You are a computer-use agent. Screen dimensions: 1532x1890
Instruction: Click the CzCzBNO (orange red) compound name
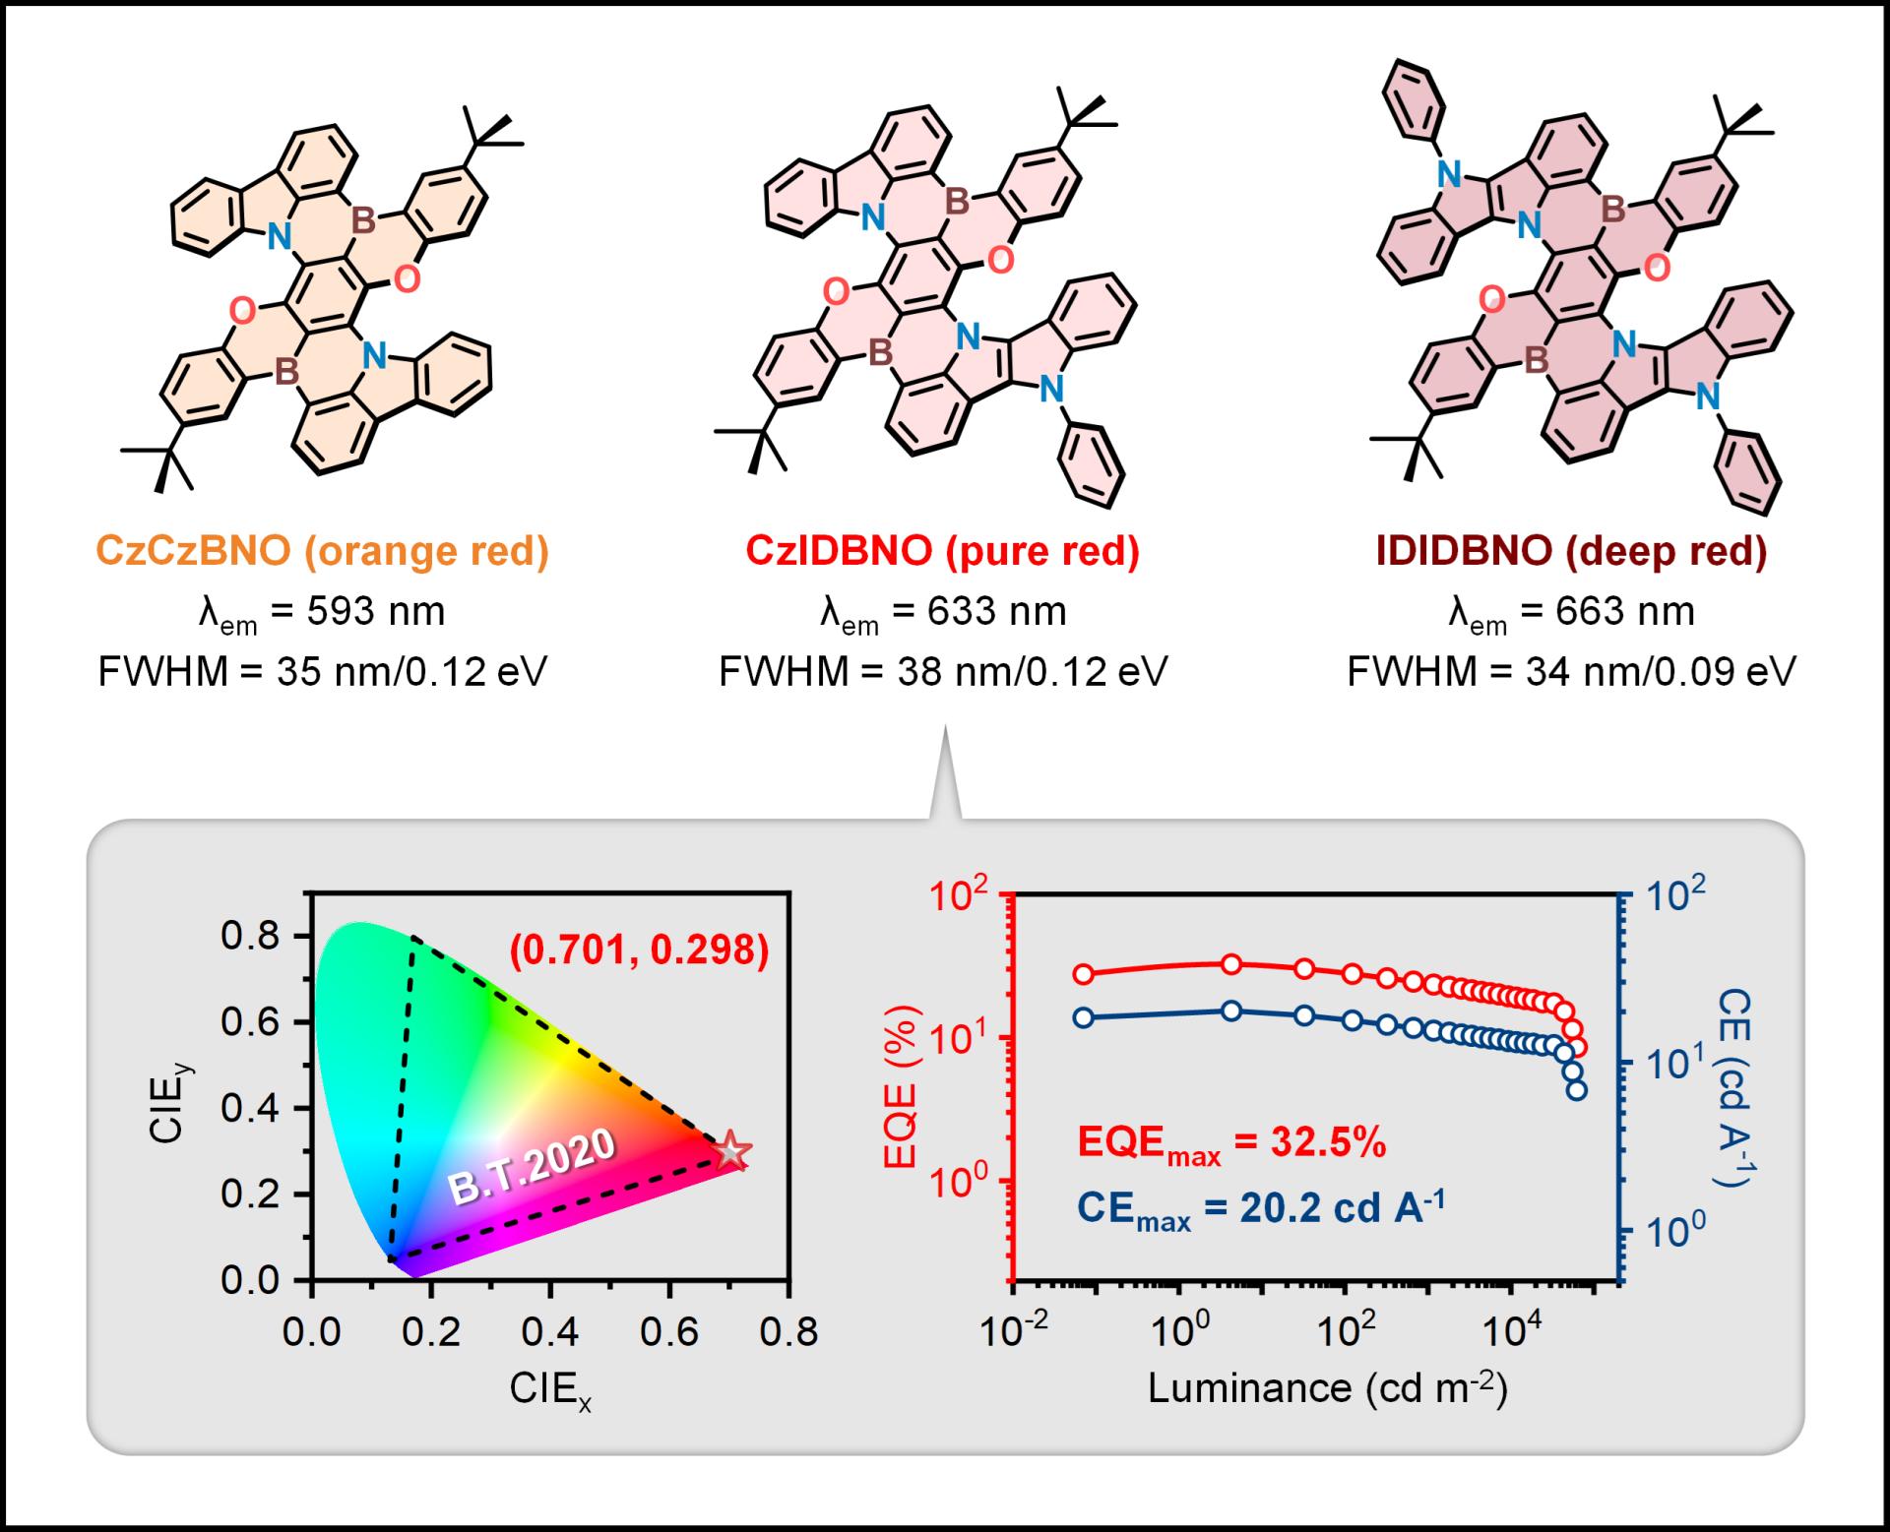(x=322, y=551)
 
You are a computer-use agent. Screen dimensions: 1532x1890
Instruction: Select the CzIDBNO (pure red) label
(x=942, y=551)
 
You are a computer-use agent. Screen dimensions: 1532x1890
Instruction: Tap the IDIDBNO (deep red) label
(x=1571, y=551)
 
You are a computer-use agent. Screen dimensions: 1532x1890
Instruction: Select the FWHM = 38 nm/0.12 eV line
(x=942, y=672)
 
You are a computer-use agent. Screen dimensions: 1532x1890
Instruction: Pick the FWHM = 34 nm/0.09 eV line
(x=1571, y=672)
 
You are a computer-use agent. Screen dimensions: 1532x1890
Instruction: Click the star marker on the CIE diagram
(x=730, y=1150)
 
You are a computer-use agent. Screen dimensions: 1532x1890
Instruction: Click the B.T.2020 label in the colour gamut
(x=533, y=1165)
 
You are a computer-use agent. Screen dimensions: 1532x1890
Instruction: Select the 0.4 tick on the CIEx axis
(x=550, y=1332)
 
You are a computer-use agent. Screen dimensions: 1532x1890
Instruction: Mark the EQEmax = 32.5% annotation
(x=1231, y=1145)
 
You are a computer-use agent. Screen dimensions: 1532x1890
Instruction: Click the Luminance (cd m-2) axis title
(x=1328, y=1388)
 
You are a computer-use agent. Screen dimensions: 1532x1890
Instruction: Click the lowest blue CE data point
(x=1576, y=1090)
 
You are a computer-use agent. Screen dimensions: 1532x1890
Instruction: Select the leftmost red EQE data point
(x=1083, y=974)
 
